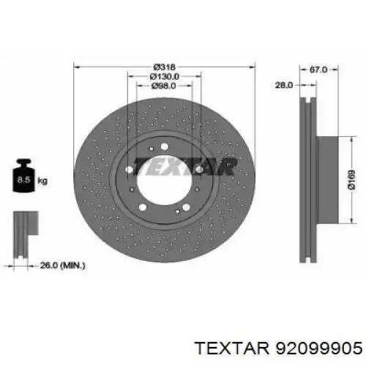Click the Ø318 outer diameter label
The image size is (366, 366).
(x=164, y=67)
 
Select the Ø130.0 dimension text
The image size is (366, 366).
(x=164, y=76)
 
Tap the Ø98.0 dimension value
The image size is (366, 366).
(x=164, y=86)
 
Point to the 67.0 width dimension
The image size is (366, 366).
(x=318, y=70)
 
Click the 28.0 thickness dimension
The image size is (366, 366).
(x=284, y=85)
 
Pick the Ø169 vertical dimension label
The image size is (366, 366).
(x=352, y=180)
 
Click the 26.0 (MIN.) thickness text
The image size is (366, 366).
(x=62, y=266)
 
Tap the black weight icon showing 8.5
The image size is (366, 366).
(x=24, y=176)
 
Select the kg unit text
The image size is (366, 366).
(x=42, y=181)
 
